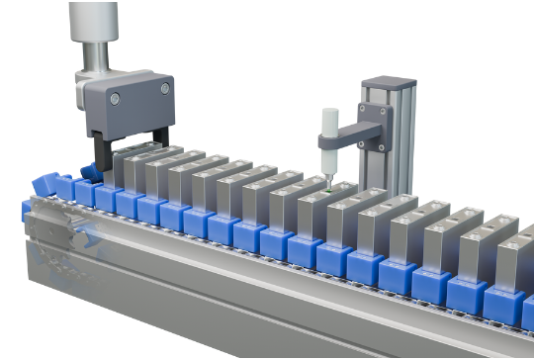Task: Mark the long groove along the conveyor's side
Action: pyautogui.click(x=297, y=298)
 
